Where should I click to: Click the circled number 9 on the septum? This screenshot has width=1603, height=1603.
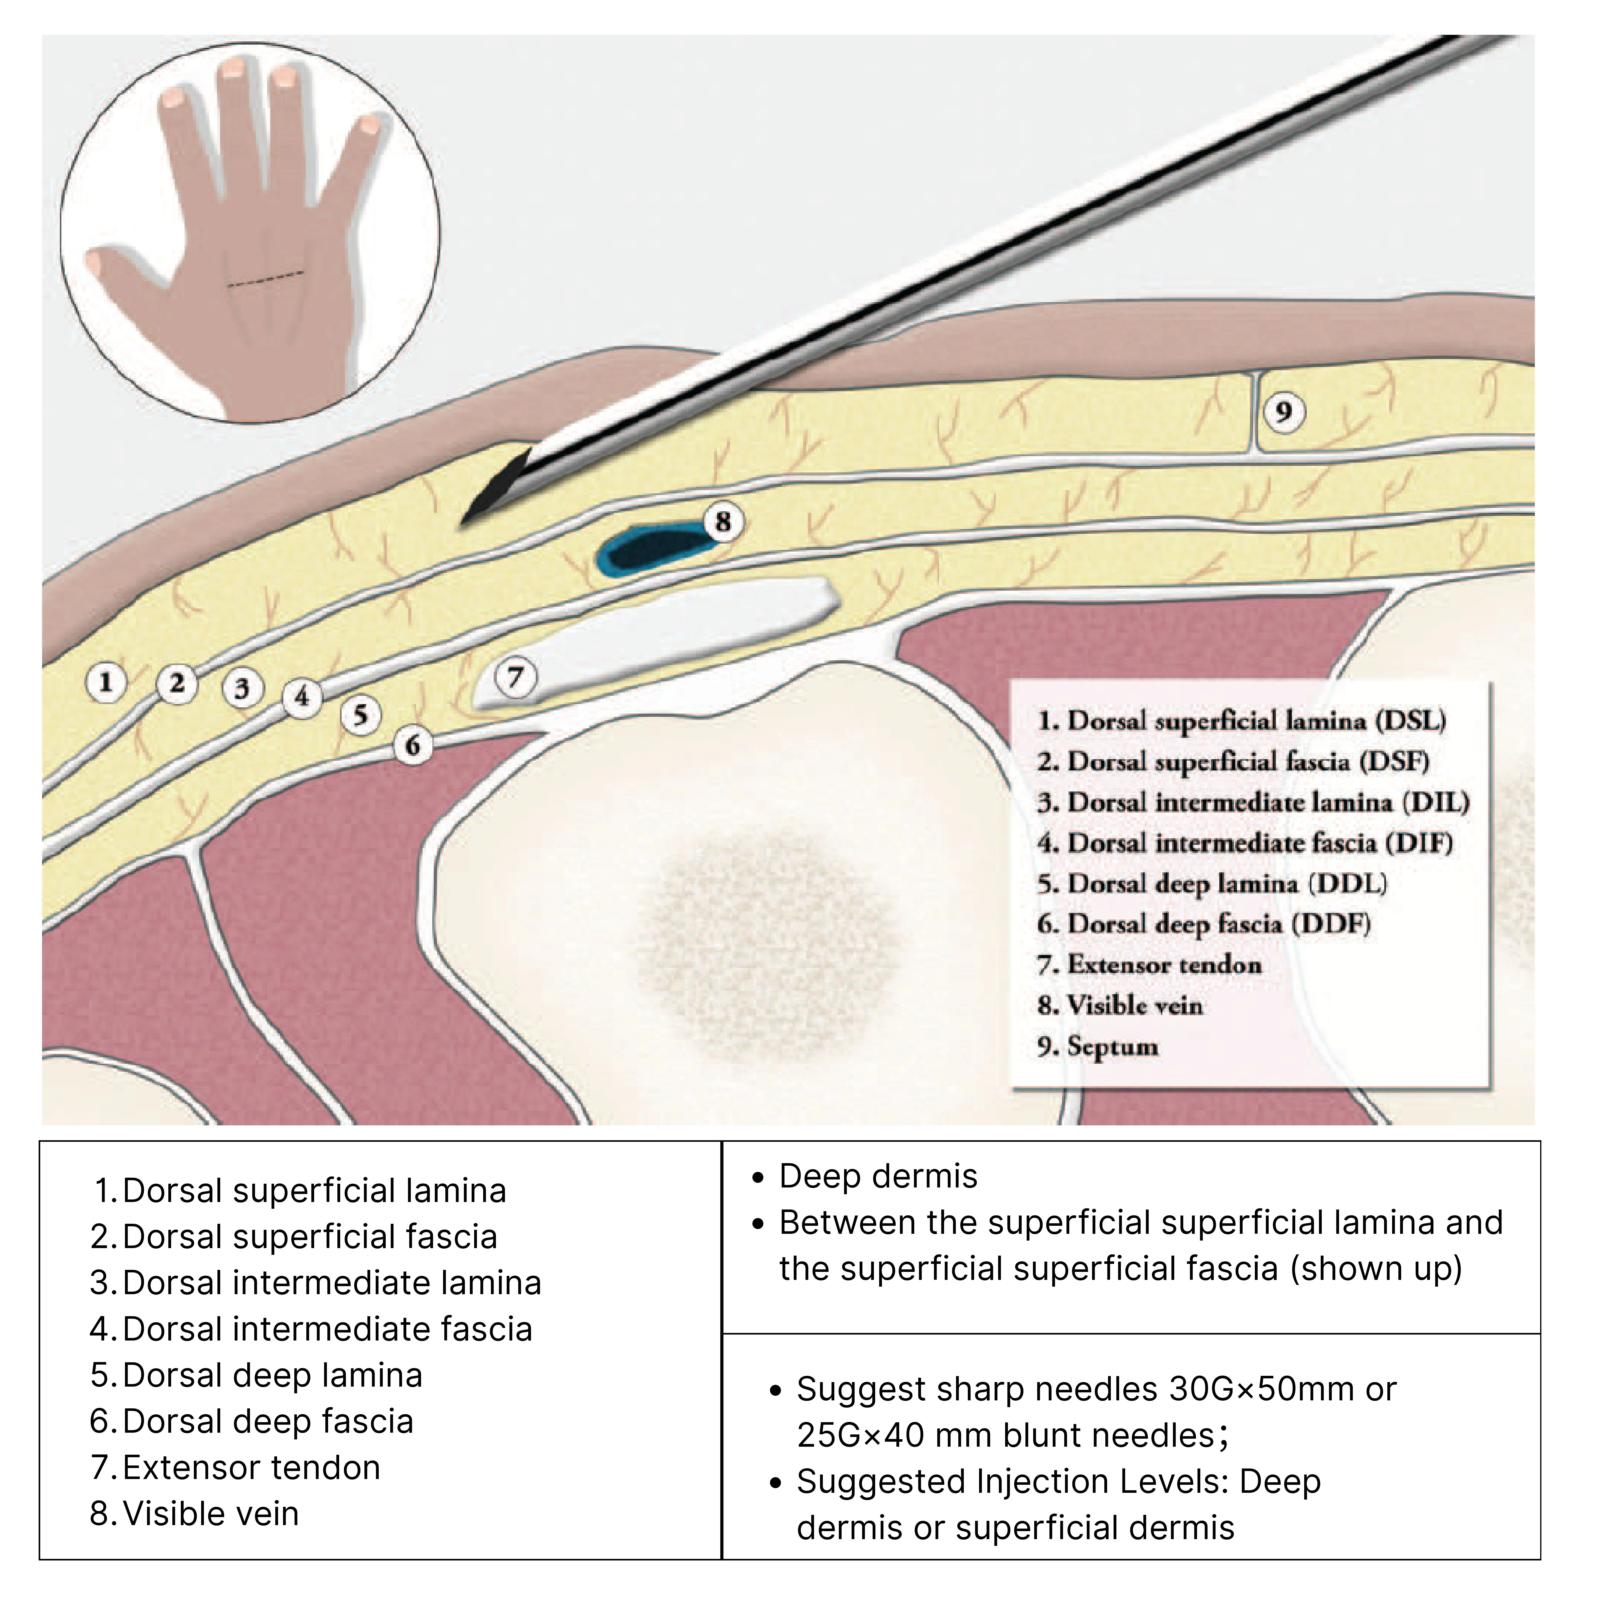pos(1284,412)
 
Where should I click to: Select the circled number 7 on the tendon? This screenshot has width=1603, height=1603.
pos(515,677)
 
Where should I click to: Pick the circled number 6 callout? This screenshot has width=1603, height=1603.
pos(412,745)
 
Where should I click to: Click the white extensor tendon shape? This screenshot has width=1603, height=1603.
pos(655,640)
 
